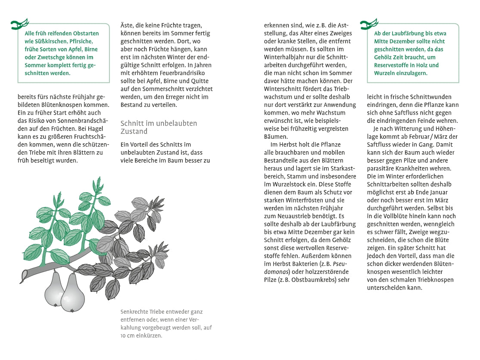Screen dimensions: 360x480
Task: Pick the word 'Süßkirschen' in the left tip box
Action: click(x=51, y=41)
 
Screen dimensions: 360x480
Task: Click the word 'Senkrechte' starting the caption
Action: click(x=134, y=311)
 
